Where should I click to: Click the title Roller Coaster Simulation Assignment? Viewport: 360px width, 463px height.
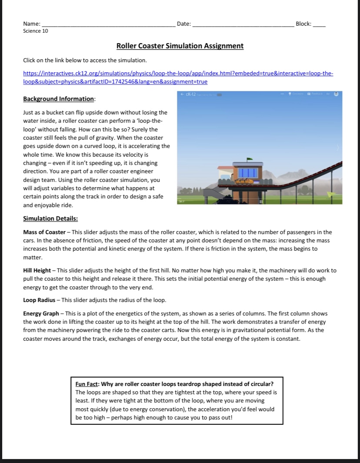[180, 46]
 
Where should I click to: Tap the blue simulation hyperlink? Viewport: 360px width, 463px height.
[178, 77]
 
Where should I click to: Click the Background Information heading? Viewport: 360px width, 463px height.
[59, 99]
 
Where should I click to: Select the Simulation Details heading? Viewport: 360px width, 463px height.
[50, 218]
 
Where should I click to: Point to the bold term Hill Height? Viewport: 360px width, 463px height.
[37, 271]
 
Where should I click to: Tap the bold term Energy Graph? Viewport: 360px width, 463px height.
[41, 314]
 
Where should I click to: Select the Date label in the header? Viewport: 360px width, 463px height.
[184, 24]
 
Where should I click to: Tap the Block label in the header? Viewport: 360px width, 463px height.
[303, 24]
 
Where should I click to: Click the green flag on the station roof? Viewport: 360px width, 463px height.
[249, 159]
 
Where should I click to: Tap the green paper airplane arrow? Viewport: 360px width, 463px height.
[332, 194]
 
